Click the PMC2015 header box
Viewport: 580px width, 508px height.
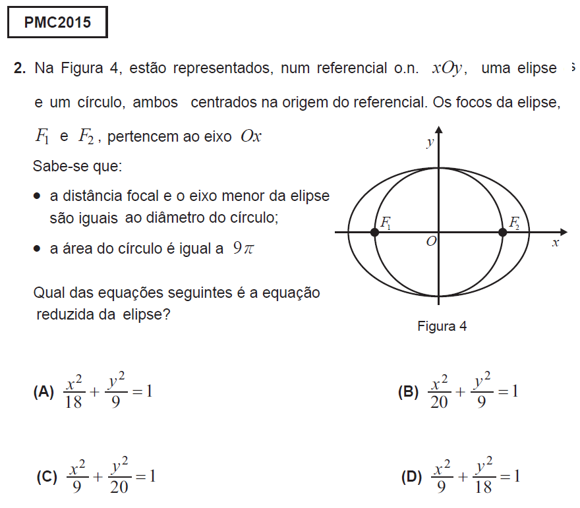pyautogui.click(x=57, y=24)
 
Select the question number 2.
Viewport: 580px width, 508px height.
pyautogui.click(x=19, y=68)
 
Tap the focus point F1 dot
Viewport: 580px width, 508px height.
pyautogui.click(x=375, y=232)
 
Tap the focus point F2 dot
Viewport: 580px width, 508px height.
pyautogui.click(x=503, y=232)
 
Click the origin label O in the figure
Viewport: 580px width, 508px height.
pyautogui.click(x=430, y=242)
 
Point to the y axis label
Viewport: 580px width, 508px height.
pyautogui.click(x=429, y=142)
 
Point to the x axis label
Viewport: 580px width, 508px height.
pyautogui.click(x=555, y=242)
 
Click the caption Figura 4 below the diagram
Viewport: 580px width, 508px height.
pyautogui.click(x=442, y=326)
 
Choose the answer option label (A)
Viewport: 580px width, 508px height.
pyautogui.click(x=43, y=392)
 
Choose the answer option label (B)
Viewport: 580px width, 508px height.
pyautogui.click(x=408, y=393)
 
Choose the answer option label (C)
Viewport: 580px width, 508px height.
pyautogui.click(x=47, y=477)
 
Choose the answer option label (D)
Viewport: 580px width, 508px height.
pyautogui.click(x=411, y=477)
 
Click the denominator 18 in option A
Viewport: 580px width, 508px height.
pyautogui.click(x=73, y=403)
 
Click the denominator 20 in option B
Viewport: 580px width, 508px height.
pyautogui.click(x=439, y=403)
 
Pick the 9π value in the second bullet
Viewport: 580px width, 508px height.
pyautogui.click(x=243, y=249)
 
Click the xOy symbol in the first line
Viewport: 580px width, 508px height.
pyautogui.click(x=449, y=68)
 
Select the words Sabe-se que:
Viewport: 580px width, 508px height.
pyautogui.click(x=77, y=167)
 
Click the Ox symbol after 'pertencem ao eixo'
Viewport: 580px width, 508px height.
pyautogui.click(x=251, y=136)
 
